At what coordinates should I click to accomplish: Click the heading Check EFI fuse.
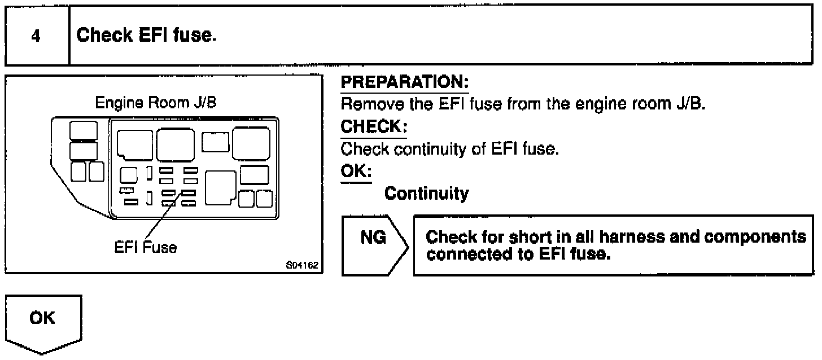coord(146,36)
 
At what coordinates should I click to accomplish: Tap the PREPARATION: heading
coord(405,83)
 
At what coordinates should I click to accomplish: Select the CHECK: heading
coord(373,128)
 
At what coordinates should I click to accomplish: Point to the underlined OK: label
coord(356,171)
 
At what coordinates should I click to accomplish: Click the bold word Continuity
coord(426,194)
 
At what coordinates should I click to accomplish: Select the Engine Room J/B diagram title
coord(155,103)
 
